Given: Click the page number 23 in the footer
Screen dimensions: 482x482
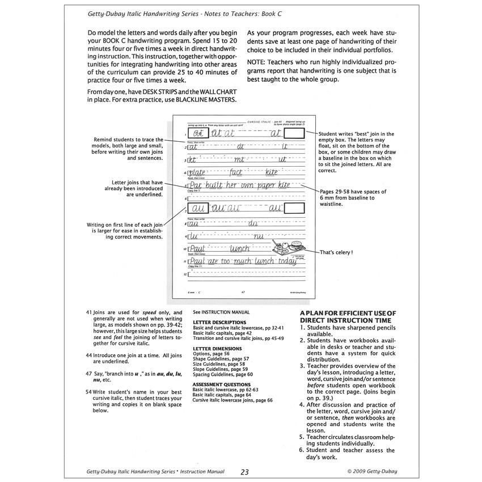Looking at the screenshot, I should coord(244,471).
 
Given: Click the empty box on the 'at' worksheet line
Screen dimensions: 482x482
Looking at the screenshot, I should coord(294,134).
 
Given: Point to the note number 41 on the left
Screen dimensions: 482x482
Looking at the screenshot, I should coord(89,312).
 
